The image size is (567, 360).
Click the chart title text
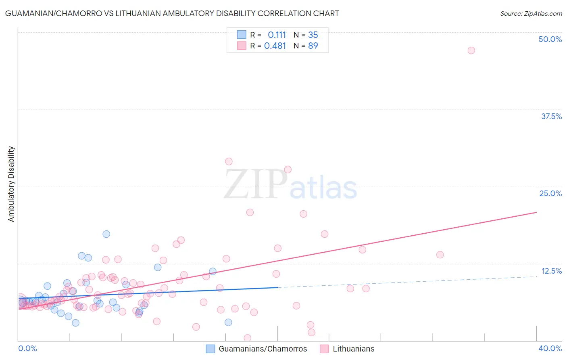(x=172, y=13)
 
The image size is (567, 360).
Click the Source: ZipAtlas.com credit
(x=531, y=13)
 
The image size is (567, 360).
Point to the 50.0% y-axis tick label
(x=550, y=39)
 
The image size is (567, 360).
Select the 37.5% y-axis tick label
(x=551, y=116)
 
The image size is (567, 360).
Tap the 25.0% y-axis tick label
(x=550, y=193)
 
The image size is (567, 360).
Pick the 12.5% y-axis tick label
(x=551, y=271)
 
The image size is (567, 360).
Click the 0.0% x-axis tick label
(x=27, y=348)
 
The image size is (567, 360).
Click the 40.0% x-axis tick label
(x=550, y=348)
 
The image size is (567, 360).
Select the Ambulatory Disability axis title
(x=11, y=184)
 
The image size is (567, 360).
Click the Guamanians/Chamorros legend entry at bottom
(x=263, y=349)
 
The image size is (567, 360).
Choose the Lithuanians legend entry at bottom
(x=353, y=349)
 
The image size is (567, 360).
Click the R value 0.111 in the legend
(x=277, y=35)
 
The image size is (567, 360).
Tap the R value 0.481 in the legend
(x=275, y=46)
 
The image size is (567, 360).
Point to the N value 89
(x=313, y=46)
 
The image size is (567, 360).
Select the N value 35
(x=313, y=35)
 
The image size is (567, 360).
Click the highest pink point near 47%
(x=471, y=50)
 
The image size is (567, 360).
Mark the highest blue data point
(x=106, y=234)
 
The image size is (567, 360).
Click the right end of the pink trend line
(x=536, y=212)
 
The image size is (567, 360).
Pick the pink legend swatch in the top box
(x=241, y=46)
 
